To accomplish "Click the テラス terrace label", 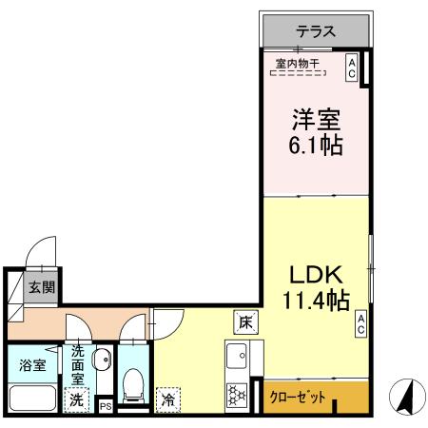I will [315, 30].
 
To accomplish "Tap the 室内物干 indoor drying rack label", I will [298, 65].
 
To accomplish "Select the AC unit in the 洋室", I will [351, 67].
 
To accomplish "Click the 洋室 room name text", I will [316, 122].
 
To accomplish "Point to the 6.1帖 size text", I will [316, 147].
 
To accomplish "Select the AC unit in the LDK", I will [361, 324].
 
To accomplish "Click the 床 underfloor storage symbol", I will [244, 321].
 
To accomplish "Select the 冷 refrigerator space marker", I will [168, 399].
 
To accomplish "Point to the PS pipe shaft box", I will [106, 406].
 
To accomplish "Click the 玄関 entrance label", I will [40, 286].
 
